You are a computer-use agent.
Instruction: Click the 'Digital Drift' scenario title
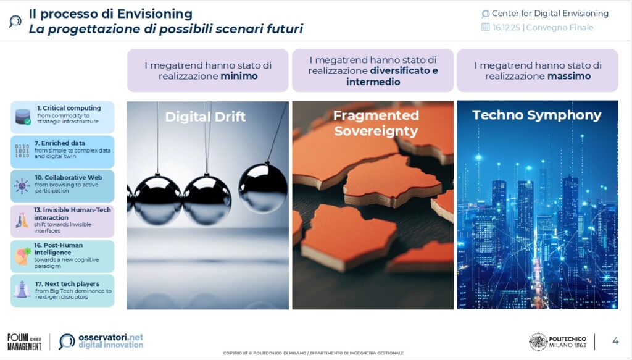pyautogui.click(x=205, y=117)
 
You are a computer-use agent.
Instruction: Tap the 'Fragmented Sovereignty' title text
pyautogui.click(x=376, y=123)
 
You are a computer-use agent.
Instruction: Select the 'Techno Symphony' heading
pyautogui.click(x=537, y=115)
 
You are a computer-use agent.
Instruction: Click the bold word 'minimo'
pyautogui.click(x=239, y=76)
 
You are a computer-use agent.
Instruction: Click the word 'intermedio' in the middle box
pyautogui.click(x=373, y=82)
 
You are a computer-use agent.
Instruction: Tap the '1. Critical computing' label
pyautogui.click(x=69, y=108)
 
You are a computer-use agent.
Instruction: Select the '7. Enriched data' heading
pyautogui.click(x=60, y=143)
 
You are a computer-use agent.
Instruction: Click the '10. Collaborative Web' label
pyautogui.click(x=69, y=177)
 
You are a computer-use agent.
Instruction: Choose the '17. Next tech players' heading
pyautogui.click(x=67, y=284)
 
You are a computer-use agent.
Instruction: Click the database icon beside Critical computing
pyautogui.click(x=23, y=117)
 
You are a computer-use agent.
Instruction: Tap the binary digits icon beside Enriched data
pyautogui.click(x=22, y=151)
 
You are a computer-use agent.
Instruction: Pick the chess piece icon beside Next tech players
pyautogui.click(x=22, y=289)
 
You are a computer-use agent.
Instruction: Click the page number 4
pyautogui.click(x=615, y=341)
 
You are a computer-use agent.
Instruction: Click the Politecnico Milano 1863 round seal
pyautogui.click(x=538, y=342)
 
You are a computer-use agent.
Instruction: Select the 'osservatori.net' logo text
pyautogui.click(x=111, y=337)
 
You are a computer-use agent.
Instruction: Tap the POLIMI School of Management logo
pyautogui.click(x=24, y=342)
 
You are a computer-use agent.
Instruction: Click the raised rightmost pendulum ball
pyautogui.click(x=263, y=187)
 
